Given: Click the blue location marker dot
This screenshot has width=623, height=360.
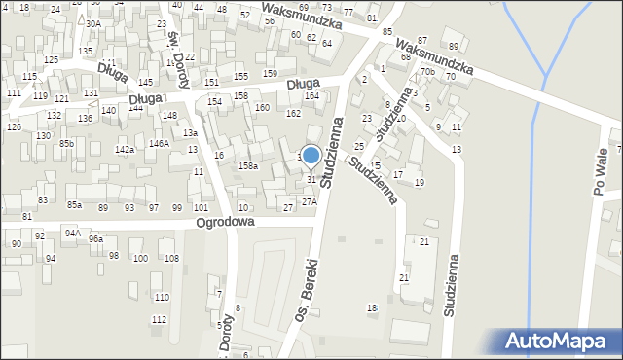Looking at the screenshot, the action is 311,155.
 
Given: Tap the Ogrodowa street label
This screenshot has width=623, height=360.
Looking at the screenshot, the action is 225,222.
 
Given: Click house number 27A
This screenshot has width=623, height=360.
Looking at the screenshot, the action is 309,201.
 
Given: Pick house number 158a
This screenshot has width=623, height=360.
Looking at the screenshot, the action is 249,166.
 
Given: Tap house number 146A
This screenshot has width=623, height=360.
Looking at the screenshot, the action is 159,143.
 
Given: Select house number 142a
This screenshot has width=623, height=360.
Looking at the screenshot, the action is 125,149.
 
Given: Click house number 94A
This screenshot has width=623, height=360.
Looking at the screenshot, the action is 72,233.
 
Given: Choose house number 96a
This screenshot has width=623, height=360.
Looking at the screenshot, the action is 95,238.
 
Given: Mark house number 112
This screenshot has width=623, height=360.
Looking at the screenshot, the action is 159,319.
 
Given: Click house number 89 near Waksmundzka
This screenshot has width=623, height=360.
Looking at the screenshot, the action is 453,46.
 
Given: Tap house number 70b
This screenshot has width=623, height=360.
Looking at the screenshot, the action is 427,72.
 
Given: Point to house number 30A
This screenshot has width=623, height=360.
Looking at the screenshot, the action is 92,23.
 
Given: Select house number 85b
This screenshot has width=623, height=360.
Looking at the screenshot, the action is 66,143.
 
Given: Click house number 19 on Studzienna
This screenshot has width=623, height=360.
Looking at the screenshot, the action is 420,182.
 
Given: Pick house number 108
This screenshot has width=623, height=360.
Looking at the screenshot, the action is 171,258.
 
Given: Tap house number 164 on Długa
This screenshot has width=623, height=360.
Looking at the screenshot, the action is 311,95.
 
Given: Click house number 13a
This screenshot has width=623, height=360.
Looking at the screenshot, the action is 191,133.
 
